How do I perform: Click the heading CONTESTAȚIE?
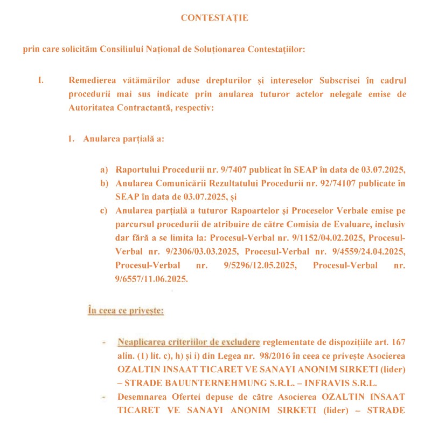(214, 18)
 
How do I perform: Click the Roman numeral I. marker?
(40, 81)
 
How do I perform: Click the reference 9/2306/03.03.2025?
(200, 251)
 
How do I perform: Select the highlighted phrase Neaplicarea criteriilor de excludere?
(189, 343)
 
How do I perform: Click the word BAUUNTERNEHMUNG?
(200, 383)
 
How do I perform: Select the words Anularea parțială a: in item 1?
(123, 139)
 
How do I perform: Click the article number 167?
(398, 343)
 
